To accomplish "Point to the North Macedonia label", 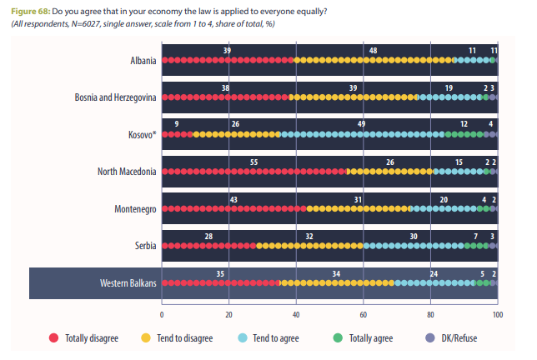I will pyautogui.click(x=127, y=172).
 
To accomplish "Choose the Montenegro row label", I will pyautogui.click(x=133, y=208).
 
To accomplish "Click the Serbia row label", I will pyautogui.click(x=142, y=246).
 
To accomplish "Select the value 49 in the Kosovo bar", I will pyautogui.click(x=362, y=124).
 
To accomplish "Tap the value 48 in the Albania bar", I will pyautogui.click(x=372, y=51).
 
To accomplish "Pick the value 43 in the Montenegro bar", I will pyautogui.click(x=234, y=198).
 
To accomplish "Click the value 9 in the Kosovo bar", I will pyautogui.click(x=176, y=124).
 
